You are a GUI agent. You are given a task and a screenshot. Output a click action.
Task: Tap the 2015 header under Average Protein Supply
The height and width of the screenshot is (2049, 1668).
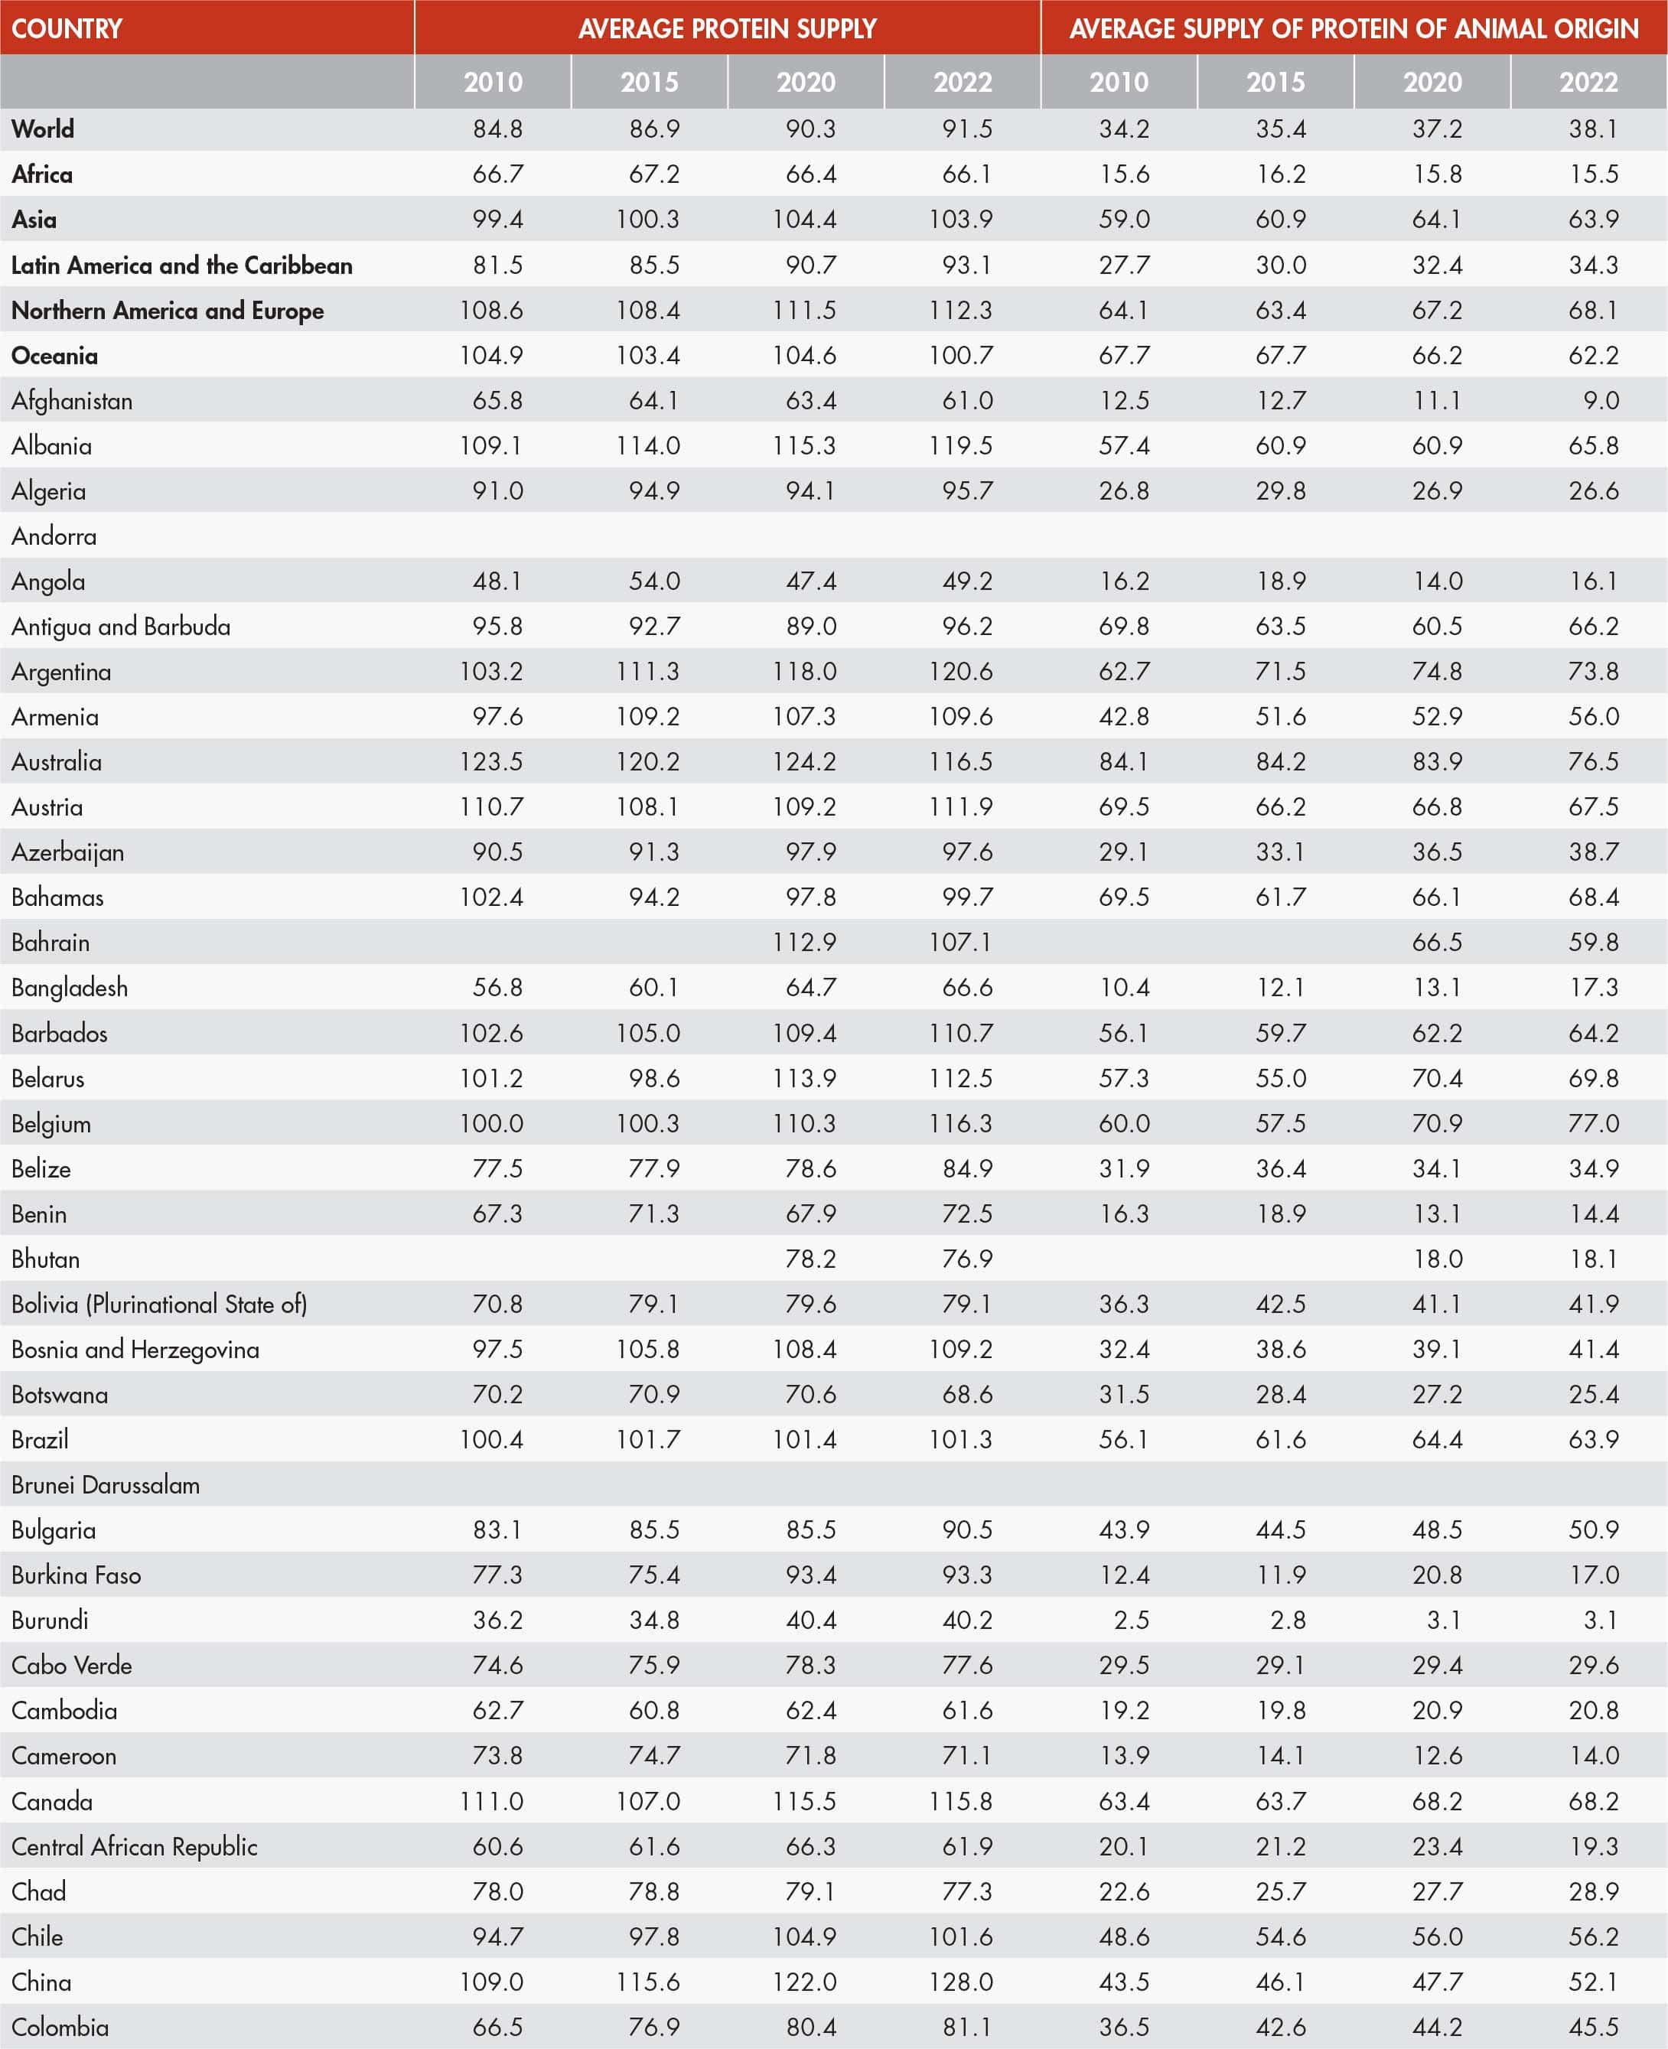tap(650, 83)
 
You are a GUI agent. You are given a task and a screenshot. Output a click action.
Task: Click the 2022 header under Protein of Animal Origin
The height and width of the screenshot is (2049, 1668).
tap(1588, 83)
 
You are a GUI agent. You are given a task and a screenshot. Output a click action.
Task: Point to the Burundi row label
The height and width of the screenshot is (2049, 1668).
tap(50, 1621)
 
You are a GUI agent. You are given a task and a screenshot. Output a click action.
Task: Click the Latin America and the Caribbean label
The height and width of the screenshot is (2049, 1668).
tap(181, 265)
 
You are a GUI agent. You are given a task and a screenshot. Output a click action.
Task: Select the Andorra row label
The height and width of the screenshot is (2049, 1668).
tap(54, 536)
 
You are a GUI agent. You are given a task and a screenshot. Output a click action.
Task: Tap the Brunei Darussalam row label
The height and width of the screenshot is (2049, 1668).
tap(106, 1485)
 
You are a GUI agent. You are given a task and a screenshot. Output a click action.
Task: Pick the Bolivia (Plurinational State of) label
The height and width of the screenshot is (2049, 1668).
tap(159, 1305)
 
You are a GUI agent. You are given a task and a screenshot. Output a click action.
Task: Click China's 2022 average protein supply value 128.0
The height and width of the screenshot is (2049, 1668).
tap(961, 1982)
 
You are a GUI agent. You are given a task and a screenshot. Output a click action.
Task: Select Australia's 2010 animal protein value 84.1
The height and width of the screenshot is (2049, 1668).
tap(1123, 762)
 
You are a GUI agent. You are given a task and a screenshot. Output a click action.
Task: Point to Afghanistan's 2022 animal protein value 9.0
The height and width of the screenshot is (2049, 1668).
tap(1601, 401)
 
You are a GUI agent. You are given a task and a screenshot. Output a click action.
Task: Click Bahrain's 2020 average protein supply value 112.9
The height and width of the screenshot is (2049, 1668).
tap(804, 943)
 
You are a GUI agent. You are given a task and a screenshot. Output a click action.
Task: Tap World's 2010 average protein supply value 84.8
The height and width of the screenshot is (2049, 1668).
tap(497, 129)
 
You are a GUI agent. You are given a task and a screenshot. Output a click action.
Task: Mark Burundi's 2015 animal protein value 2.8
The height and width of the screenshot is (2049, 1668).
tap(1288, 1621)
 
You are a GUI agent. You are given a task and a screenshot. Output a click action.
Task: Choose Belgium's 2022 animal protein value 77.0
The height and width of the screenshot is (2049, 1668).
tap(1594, 1123)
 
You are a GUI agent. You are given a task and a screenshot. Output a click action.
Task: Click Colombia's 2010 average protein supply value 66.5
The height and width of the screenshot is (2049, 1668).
tap(497, 2027)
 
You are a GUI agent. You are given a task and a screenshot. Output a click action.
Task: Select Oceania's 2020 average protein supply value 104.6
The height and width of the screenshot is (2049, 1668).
tap(804, 356)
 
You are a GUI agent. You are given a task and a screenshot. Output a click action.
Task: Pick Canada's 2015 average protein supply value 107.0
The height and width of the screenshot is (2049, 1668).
tap(649, 1801)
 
